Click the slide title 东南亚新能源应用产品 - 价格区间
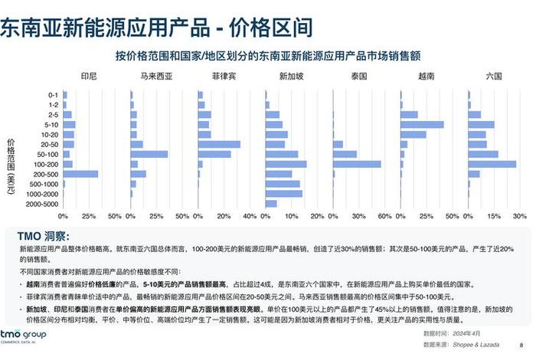point(157,28)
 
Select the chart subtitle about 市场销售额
point(279,57)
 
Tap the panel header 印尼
point(89,77)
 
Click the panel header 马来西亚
point(156,77)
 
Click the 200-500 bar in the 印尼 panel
point(80,174)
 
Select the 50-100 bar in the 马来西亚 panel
point(149,154)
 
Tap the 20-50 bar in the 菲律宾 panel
point(219,144)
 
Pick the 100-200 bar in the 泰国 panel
point(357,164)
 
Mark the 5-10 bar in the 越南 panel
point(422,124)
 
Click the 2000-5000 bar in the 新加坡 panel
point(271,204)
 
